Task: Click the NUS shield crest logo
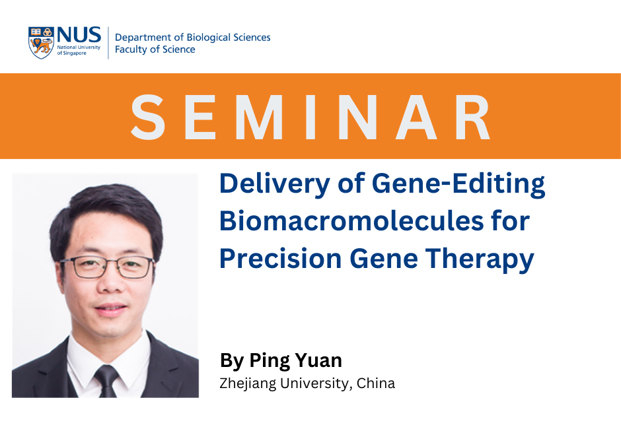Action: [41, 43]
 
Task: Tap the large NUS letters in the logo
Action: [79, 35]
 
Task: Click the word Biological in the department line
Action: [208, 38]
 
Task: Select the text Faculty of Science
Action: [155, 49]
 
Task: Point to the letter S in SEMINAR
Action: [148, 117]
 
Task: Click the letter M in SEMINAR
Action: [260, 117]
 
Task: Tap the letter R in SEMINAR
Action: [473, 117]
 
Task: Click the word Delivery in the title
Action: [275, 184]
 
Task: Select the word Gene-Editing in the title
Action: [458, 184]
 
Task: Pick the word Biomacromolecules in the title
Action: [351, 220]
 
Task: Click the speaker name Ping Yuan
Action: [295, 360]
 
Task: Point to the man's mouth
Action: [110, 309]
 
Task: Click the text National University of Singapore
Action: [79, 50]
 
